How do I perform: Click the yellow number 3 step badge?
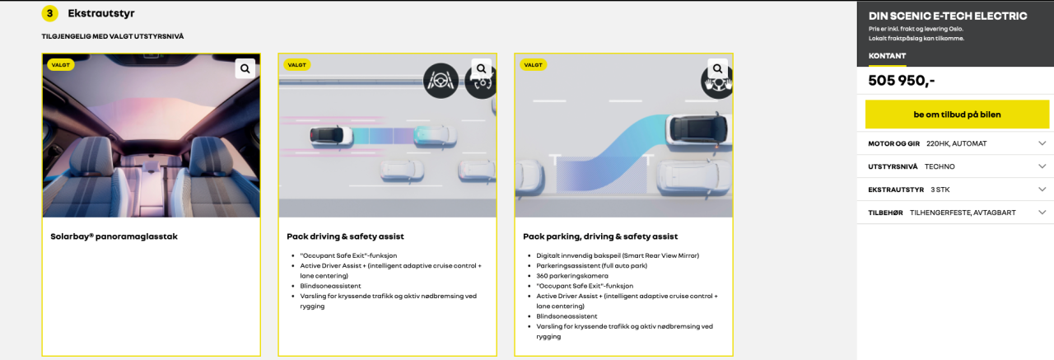pyautogui.click(x=50, y=14)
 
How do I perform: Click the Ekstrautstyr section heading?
pyautogui.click(x=101, y=13)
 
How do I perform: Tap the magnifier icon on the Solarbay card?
pyautogui.click(x=245, y=68)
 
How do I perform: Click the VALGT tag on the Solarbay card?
pyautogui.click(x=61, y=65)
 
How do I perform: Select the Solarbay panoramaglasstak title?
pyautogui.click(x=114, y=236)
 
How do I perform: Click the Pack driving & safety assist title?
pyautogui.click(x=345, y=236)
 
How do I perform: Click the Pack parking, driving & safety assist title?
pyautogui.click(x=600, y=236)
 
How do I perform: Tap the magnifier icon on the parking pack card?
pyautogui.click(x=717, y=68)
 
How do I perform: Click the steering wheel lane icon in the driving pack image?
pyautogui.click(x=441, y=81)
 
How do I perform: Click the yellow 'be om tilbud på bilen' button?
pyautogui.click(x=957, y=115)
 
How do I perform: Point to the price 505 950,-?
pyautogui.click(x=901, y=81)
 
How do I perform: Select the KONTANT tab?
pyautogui.click(x=887, y=56)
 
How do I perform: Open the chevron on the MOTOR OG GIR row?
pyautogui.click(x=1042, y=143)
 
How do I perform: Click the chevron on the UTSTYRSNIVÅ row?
pyautogui.click(x=1042, y=166)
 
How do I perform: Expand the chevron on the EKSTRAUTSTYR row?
pyautogui.click(x=1042, y=189)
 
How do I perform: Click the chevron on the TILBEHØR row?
pyautogui.click(x=1042, y=213)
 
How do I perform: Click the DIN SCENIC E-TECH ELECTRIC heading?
pyautogui.click(x=948, y=16)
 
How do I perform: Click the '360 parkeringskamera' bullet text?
pyautogui.click(x=572, y=276)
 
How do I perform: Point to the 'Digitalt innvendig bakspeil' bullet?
pyautogui.click(x=618, y=255)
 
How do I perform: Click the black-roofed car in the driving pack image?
pyautogui.click(x=331, y=135)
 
